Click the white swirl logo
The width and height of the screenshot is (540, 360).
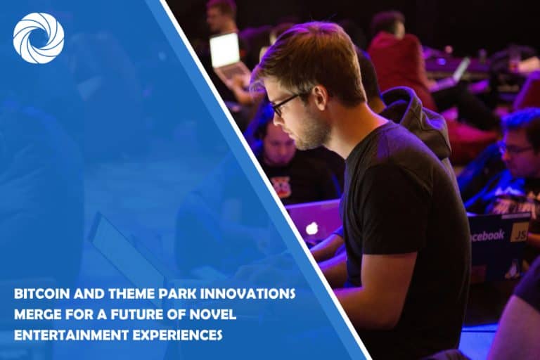(x=38, y=38)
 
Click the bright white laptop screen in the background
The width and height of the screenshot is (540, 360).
(x=224, y=51)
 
